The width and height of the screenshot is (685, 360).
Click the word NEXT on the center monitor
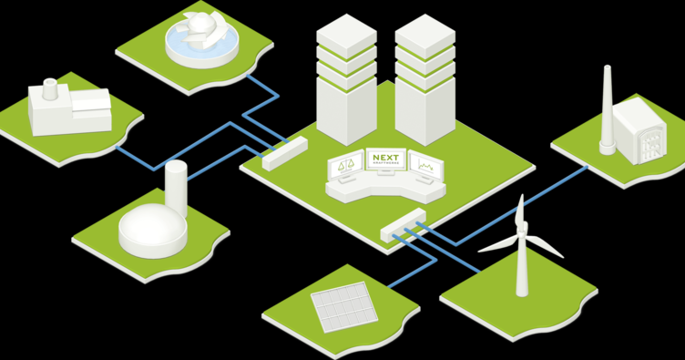385,159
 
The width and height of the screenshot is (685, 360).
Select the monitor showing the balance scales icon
345,168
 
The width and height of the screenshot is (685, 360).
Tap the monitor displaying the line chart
425,167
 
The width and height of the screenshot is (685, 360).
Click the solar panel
343,305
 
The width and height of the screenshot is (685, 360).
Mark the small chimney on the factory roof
49,88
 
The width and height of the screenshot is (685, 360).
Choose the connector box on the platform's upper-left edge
284,152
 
